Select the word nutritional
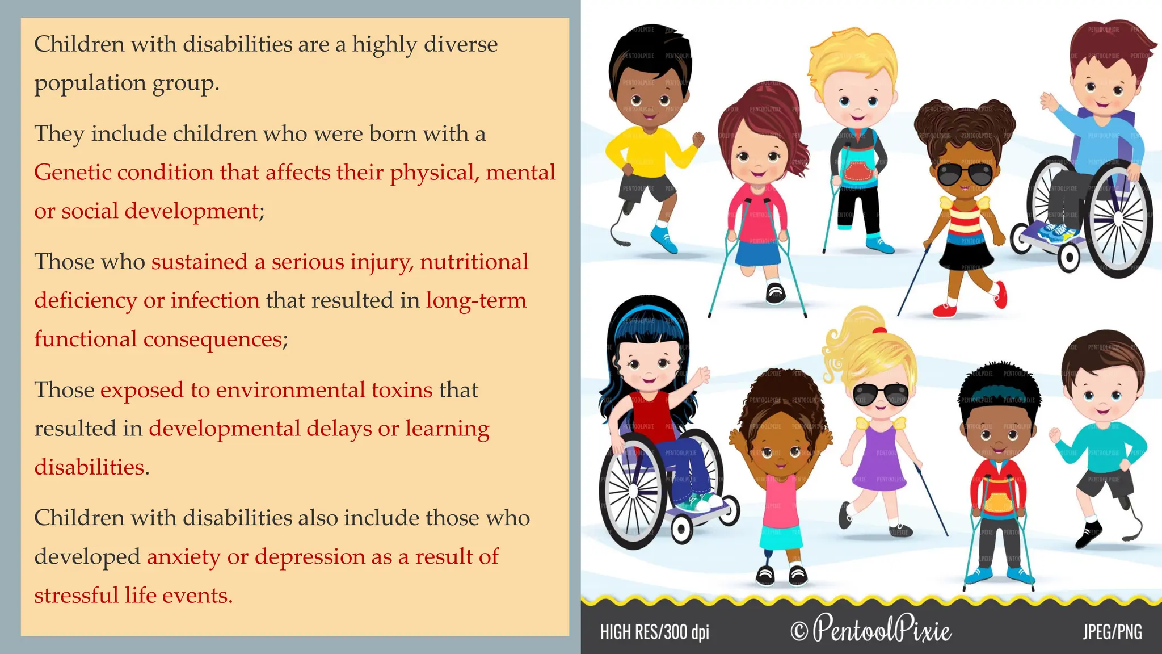[x=474, y=262]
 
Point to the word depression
[x=310, y=557]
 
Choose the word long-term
[x=476, y=300]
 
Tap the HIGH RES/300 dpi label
[x=654, y=632]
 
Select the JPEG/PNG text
[x=1112, y=631]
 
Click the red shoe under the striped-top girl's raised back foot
[x=1000, y=295]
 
